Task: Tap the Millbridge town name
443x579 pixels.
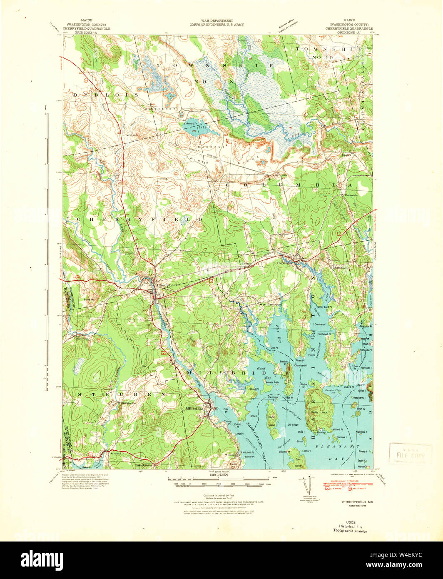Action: tap(194, 409)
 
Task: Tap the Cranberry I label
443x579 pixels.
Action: tap(320, 324)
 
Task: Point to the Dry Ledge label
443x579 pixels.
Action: tap(292, 425)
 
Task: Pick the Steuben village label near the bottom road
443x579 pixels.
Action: tap(115, 453)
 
